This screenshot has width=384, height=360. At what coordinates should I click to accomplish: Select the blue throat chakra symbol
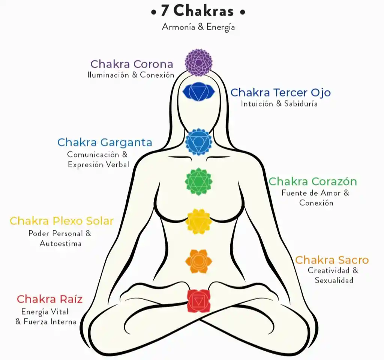click(199, 142)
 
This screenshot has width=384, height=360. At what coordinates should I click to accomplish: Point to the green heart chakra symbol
click(198, 181)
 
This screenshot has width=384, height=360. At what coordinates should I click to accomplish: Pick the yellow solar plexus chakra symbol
click(198, 221)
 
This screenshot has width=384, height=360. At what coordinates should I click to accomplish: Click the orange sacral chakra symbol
click(198, 261)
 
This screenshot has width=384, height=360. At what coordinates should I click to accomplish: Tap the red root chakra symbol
click(198, 300)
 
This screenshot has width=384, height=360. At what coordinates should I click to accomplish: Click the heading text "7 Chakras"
click(198, 12)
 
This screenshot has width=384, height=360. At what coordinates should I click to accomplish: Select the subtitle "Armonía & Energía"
click(198, 27)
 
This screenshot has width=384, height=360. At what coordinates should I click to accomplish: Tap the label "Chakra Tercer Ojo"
click(280, 92)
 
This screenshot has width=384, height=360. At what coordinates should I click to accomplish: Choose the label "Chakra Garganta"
click(105, 142)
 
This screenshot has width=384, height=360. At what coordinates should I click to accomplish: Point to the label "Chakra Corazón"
click(313, 181)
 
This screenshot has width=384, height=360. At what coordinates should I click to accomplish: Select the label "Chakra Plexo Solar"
click(61, 221)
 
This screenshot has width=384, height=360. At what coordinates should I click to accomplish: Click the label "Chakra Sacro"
click(332, 260)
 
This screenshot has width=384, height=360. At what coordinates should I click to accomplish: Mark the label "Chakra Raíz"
click(49, 299)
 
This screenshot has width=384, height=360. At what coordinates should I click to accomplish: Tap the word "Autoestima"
click(60, 243)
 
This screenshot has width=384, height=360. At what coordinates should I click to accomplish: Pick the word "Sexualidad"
click(334, 280)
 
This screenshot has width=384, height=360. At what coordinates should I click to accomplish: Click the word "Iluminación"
click(108, 75)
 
